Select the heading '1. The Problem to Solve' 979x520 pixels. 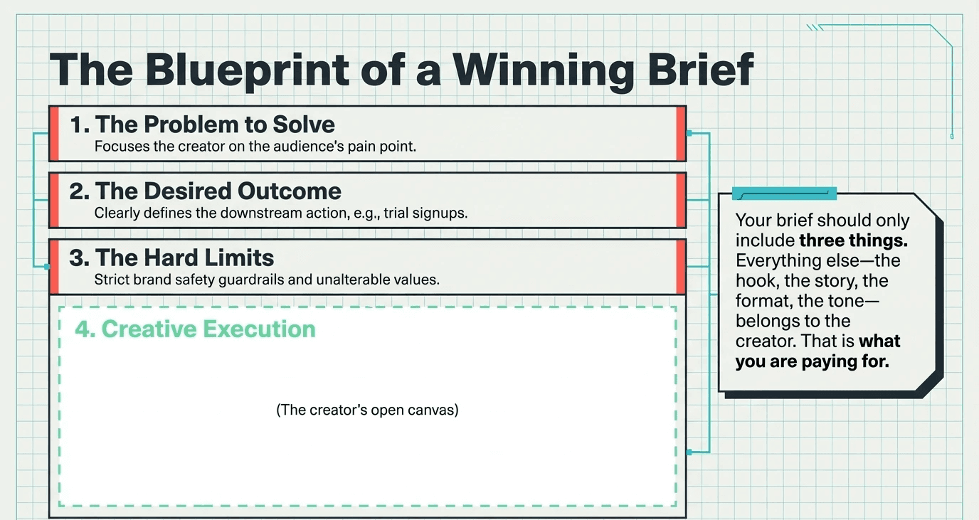pos(202,124)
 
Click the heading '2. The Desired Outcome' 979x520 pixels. pos(206,191)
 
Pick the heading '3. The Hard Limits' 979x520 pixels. pos(171,257)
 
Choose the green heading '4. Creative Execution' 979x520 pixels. pos(195,329)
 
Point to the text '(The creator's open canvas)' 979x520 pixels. pos(367,410)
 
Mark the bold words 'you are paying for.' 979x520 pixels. pos(813,361)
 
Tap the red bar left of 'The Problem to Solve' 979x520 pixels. pos(53,133)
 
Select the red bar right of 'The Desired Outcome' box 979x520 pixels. pos(681,200)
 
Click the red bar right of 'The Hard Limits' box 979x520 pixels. pos(681,267)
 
